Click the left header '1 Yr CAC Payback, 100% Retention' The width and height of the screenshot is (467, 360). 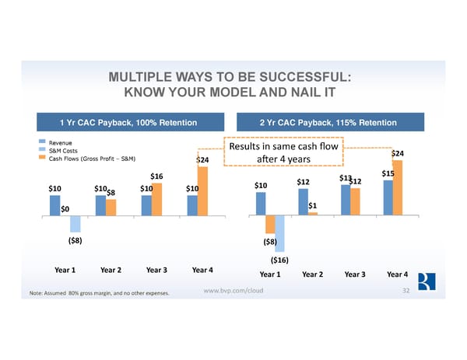click(x=127, y=123)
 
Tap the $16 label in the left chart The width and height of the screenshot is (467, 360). click(x=156, y=177)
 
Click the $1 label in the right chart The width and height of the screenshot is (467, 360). click(x=311, y=205)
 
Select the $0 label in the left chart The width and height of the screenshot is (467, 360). click(x=65, y=208)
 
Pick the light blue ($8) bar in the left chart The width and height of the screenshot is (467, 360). click(x=75, y=223)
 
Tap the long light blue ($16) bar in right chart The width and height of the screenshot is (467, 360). click(x=279, y=232)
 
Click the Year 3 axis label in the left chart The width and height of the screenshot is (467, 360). click(x=156, y=271)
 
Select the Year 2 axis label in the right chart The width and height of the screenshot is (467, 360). click(x=313, y=274)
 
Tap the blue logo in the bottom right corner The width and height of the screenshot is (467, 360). click(x=425, y=282)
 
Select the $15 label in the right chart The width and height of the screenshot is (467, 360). click(x=389, y=174)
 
